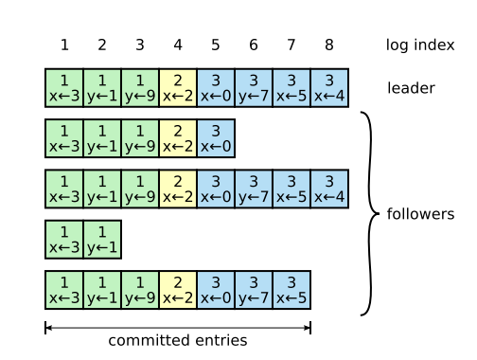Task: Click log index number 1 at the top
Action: (64, 45)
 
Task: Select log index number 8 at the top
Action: (329, 45)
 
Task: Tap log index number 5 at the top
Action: (216, 45)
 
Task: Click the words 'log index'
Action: (420, 45)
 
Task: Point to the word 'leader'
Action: (411, 88)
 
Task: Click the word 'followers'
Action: (420, 214)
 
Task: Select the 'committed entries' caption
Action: (178, 340)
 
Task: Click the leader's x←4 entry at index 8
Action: (329, 88)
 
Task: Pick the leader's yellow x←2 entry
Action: (178, 88)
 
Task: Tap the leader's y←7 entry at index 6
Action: (254, 88)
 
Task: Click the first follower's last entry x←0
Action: (216, 138)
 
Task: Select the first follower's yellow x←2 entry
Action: (178, 138)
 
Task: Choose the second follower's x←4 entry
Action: (329, 189)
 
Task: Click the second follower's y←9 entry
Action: (140, 189)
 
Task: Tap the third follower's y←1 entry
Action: (102, 240)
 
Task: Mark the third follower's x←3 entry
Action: (64, 240)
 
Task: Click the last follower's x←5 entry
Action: (291, 290)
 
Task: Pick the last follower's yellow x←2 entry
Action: (178, 290)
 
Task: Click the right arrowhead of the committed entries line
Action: (308, 328)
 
